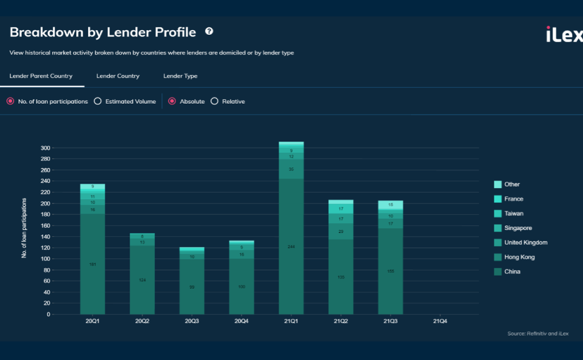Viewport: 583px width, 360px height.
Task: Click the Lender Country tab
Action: point(118,76)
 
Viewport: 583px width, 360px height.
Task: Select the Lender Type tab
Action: point(180,76)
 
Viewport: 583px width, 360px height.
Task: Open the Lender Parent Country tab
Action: point(41,76)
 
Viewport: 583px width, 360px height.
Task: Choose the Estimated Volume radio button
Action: point(97,101)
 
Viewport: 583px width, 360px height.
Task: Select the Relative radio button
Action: point(215,101)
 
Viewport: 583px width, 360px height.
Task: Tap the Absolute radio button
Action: point(172,101)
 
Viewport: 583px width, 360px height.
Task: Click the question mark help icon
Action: point(209,31)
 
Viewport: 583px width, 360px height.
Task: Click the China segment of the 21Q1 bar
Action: point(291,246)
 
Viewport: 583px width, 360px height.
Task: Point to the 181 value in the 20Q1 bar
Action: point(92,264)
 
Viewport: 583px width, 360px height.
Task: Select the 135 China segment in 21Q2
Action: point(340,277)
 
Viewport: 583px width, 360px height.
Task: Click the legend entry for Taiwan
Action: point(514,214)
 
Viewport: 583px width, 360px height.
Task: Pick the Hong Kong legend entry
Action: point(519,257)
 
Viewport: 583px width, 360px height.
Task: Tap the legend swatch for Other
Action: point(498,185)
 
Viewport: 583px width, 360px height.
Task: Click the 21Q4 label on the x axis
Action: point(440,321)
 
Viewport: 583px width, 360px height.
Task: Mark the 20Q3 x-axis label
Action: point(192,321)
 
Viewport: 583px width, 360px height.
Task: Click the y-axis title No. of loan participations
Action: point(24,228)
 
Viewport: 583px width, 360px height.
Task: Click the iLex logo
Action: point(564,35)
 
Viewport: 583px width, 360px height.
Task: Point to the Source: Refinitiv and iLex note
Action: point(537,333)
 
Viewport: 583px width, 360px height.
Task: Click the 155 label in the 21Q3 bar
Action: point(390,272)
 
